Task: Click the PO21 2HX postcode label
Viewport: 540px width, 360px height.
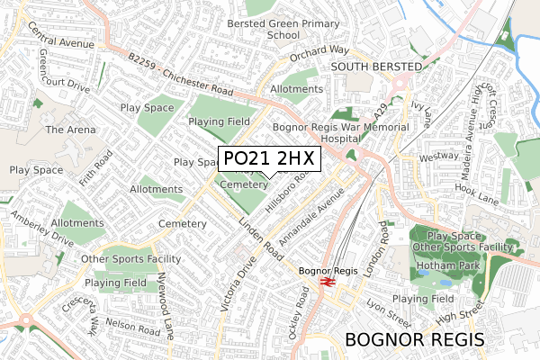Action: [269, 158]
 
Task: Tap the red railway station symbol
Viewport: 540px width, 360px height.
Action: [327, 282]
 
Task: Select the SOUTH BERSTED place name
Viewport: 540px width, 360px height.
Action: [375, 67]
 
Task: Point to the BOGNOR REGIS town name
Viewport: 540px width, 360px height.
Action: [415, 339]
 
